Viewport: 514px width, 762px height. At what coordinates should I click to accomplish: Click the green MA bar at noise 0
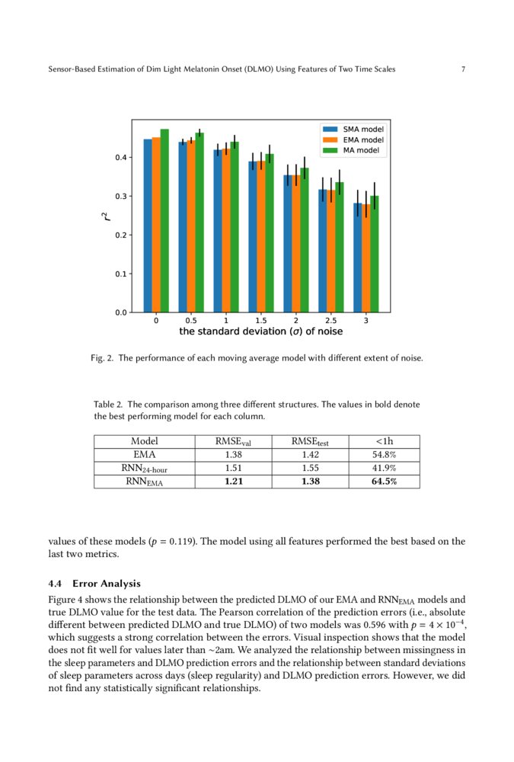(164, 221)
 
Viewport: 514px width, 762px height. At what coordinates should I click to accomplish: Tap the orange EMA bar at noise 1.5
(261, 236)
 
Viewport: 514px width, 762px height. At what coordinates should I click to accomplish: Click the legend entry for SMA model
(354, 130)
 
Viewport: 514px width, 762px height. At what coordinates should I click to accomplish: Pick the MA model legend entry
(354, 151)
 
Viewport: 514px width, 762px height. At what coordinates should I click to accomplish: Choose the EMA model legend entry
(354, 140)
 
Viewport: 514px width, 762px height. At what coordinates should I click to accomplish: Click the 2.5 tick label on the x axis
(331, 321)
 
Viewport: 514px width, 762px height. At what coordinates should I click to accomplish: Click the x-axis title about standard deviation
(260, 332)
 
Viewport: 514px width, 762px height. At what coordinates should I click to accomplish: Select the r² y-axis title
(107, 216)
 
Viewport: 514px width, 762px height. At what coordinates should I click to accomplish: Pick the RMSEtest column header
(310, 441)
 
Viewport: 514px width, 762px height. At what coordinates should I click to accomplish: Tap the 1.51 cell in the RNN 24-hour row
(235, 468)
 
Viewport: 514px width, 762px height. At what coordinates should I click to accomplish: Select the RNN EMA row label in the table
(143, 482)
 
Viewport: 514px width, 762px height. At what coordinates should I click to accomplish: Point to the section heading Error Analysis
(107, 584)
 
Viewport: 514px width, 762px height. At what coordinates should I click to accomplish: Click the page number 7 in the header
(463, 69)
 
